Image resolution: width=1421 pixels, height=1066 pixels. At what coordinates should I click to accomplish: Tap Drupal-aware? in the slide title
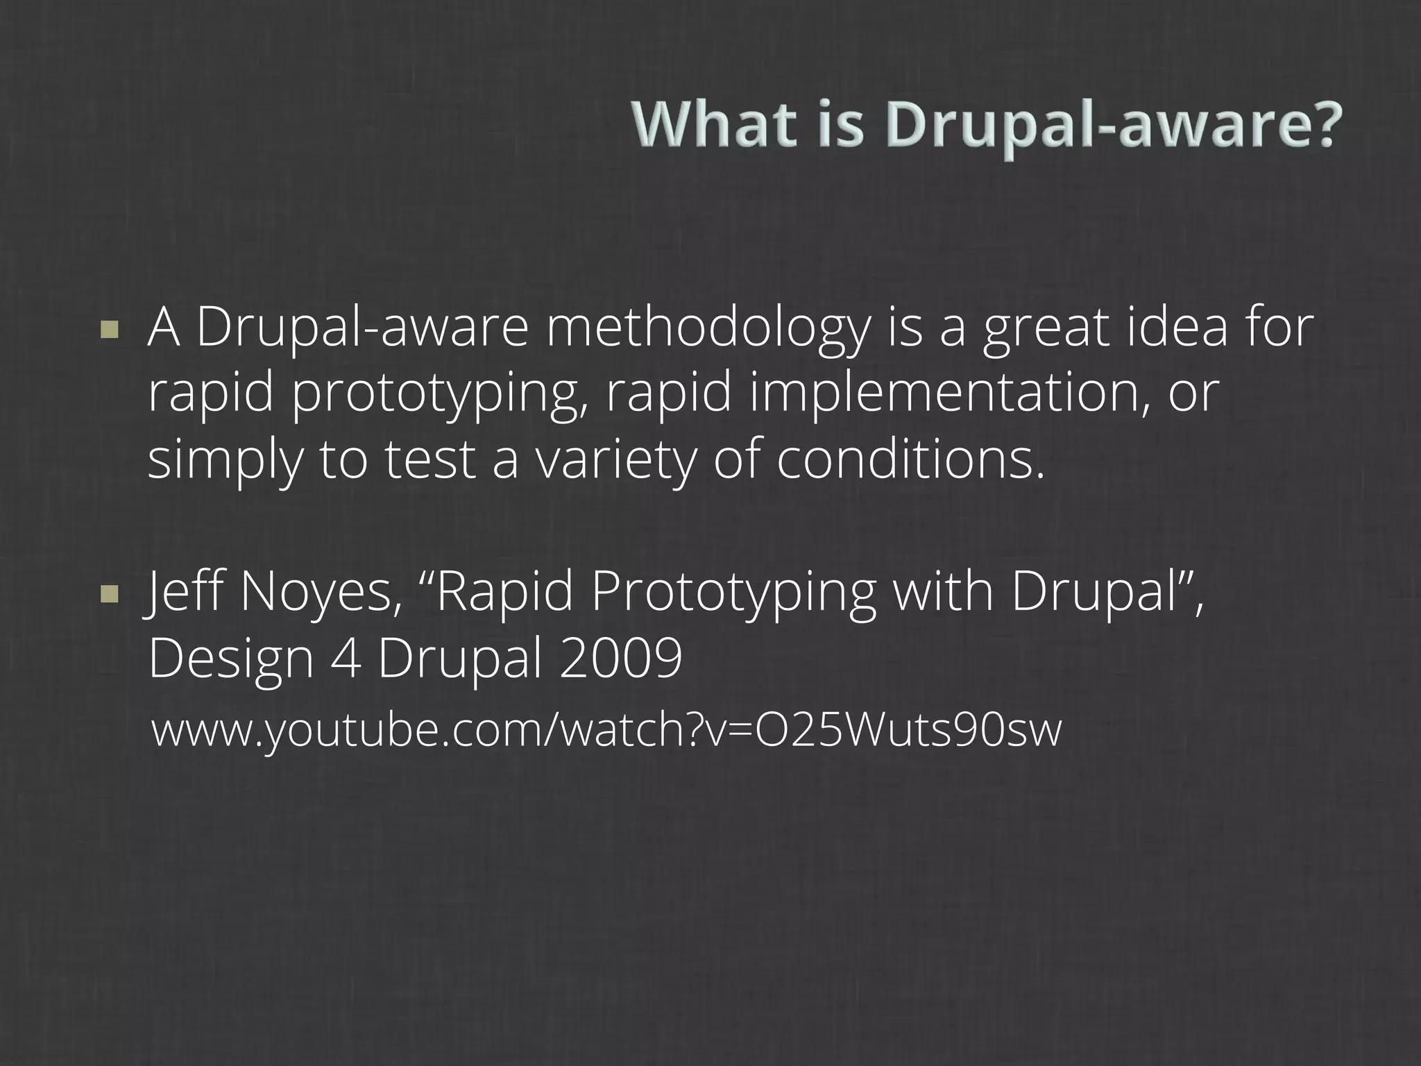[1110, 126]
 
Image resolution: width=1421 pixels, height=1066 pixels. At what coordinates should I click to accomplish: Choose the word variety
[615, 462]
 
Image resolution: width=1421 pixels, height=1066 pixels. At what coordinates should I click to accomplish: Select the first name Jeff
[185, 594]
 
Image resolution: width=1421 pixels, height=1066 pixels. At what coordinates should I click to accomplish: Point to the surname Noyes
[320, 594]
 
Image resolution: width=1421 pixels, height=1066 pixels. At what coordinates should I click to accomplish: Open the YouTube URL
[606, 730]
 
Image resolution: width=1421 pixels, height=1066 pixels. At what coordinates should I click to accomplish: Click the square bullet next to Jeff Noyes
[109, 593]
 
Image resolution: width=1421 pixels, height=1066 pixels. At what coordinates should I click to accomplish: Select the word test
[429, 460]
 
